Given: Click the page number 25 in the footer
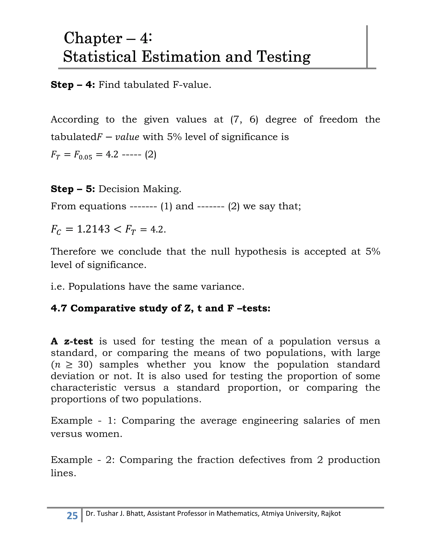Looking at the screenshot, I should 72,515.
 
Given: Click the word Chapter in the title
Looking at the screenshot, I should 93,38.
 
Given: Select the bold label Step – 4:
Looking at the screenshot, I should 73,85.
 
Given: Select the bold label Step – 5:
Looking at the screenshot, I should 73,189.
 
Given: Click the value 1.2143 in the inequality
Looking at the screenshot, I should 93,229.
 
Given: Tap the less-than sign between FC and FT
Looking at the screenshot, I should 117,229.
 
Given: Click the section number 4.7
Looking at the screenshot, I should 59,308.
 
